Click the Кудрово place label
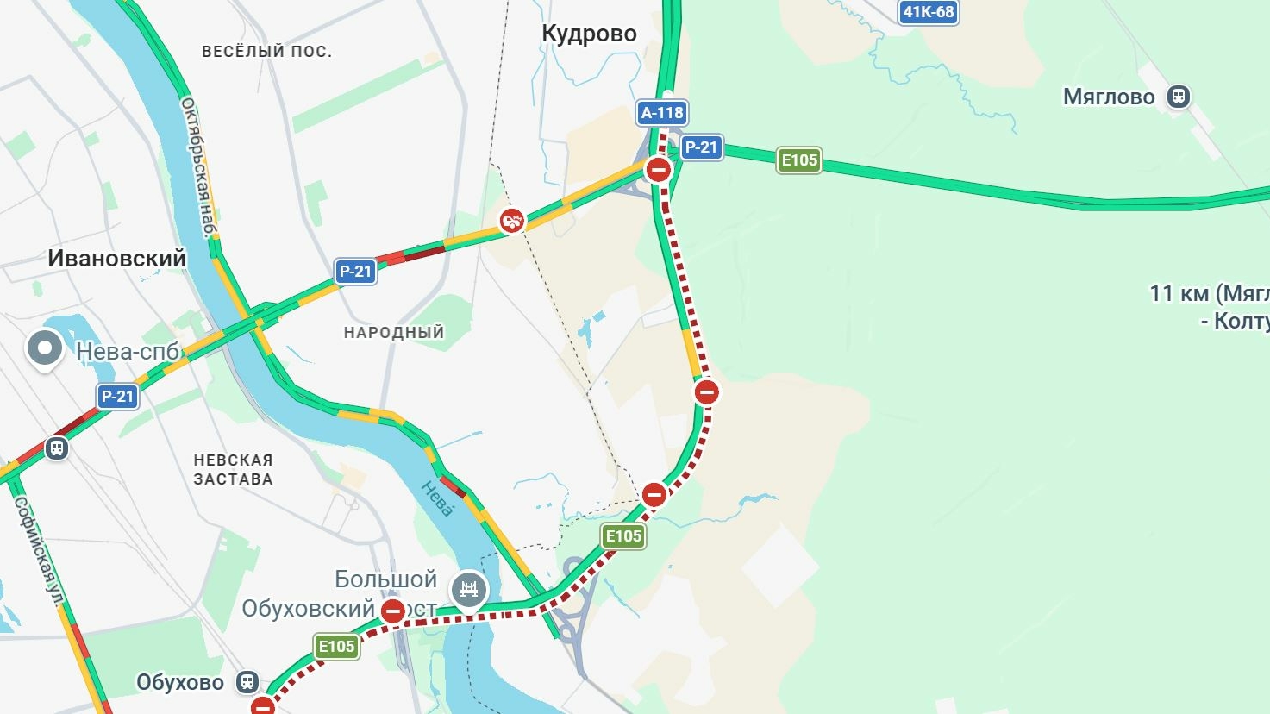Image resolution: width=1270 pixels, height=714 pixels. click(589, 34)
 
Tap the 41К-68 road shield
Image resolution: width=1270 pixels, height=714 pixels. click(928, 12)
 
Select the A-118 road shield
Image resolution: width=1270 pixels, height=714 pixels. click(662, 113)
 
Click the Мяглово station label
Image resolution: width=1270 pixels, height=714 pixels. click(1108, 97)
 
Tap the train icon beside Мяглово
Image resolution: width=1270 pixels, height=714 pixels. click(1179, 97)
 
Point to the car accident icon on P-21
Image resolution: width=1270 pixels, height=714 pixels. click(512, 221)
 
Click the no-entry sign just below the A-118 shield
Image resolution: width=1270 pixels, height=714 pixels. click(659, 169)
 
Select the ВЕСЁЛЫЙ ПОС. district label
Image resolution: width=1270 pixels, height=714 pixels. click(266, 52)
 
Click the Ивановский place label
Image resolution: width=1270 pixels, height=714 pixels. click(116, 258)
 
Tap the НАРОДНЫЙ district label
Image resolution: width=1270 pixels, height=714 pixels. click(394, 332)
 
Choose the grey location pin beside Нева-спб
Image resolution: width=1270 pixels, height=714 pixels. click(45, 349)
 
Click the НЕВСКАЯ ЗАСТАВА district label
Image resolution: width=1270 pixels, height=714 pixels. click(233, 470)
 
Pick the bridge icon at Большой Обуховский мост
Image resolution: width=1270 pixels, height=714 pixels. click(469, 590)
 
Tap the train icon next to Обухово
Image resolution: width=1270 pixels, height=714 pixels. click(248, 682)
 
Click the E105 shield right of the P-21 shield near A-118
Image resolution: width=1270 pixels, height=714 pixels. click(798, 160)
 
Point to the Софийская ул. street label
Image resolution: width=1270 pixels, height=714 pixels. click(40, 551)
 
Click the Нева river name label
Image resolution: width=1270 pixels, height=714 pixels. click(436, 499)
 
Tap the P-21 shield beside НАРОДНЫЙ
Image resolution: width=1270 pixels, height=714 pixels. click(355, 272)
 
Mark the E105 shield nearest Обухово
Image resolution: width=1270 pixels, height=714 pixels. click(336, 647)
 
